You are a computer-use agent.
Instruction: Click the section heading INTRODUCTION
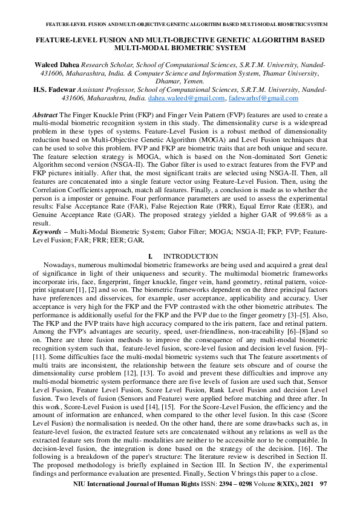[191, 257]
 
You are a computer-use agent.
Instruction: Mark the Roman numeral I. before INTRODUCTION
[151, 257]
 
